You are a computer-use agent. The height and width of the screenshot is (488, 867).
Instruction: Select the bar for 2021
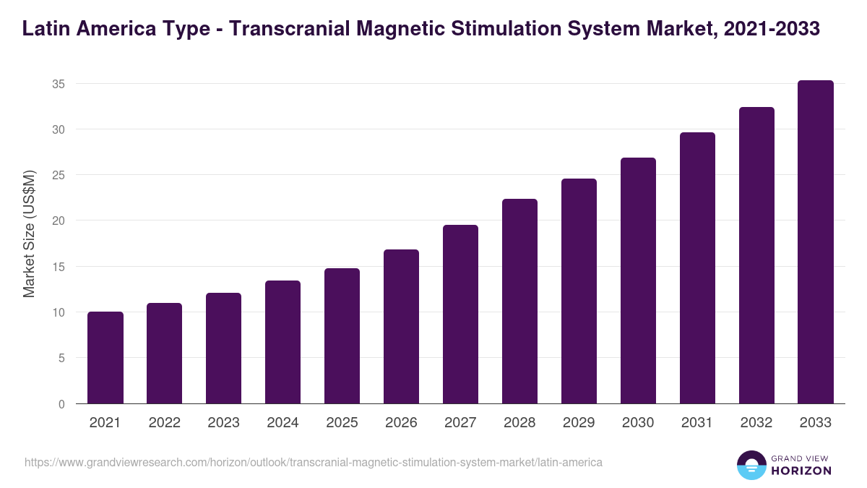[x=105, y=358]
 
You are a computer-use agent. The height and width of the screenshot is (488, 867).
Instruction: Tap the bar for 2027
[x=461, y=314]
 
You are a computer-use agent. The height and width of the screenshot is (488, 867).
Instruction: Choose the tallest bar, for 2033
[x=816, y=242]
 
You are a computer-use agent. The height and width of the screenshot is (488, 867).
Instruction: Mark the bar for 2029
[x=579, y=291]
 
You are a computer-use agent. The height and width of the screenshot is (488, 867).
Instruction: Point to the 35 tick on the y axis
[x=59, y=84]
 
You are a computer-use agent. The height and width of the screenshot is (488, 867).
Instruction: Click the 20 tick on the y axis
[x=59, y=221]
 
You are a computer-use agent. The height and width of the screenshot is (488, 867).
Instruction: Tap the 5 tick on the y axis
[x=61, y=359]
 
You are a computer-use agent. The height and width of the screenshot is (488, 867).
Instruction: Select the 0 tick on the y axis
[x=61, y=404]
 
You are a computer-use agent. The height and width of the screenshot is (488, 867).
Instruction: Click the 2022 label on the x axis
[x=165, y=423]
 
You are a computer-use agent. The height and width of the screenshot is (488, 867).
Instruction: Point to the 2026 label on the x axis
[x=402, y=423]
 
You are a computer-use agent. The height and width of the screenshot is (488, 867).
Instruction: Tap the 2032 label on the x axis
[x=756, y=423]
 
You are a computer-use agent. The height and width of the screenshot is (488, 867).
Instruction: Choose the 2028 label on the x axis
[x=520, y=423]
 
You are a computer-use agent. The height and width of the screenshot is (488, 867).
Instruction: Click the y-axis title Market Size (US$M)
[x=29, y=234]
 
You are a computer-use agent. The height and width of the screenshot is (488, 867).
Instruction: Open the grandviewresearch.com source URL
[x=314, y=462]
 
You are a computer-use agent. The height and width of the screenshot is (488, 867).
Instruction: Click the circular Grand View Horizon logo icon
[x=751, y=465]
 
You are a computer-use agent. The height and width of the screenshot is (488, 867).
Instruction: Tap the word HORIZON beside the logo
[x=802, y=471]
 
